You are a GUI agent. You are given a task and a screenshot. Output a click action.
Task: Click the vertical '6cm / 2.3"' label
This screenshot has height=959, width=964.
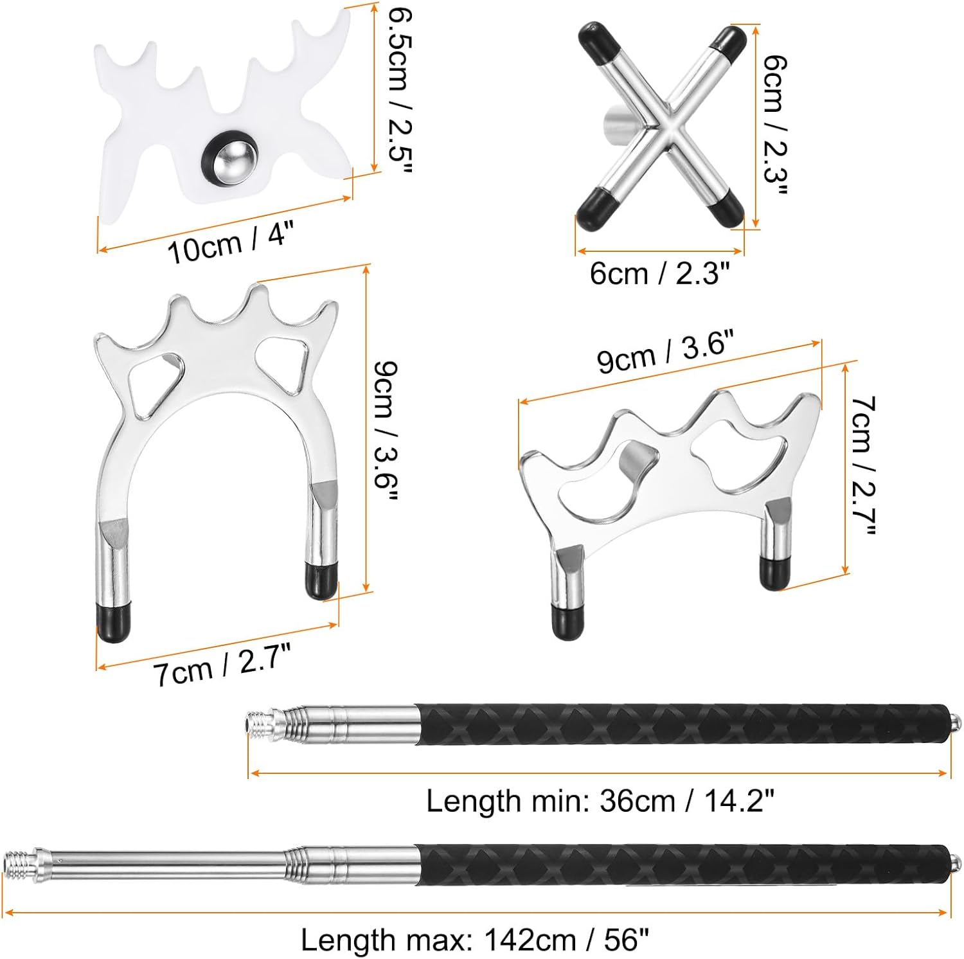tap(774, 126)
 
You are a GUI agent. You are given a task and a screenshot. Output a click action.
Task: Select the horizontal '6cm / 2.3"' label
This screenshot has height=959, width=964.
tap(660, 274)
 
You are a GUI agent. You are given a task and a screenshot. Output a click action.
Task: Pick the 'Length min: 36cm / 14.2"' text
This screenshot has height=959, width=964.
tap(600, 801)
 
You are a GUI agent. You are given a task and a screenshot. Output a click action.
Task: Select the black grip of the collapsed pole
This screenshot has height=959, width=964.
tap(681, 724)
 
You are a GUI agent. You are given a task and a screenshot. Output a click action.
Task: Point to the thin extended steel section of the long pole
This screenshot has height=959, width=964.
tap(167, 860)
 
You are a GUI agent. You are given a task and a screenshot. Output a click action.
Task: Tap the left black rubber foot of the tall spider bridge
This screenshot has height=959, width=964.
tap(114, 621)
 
